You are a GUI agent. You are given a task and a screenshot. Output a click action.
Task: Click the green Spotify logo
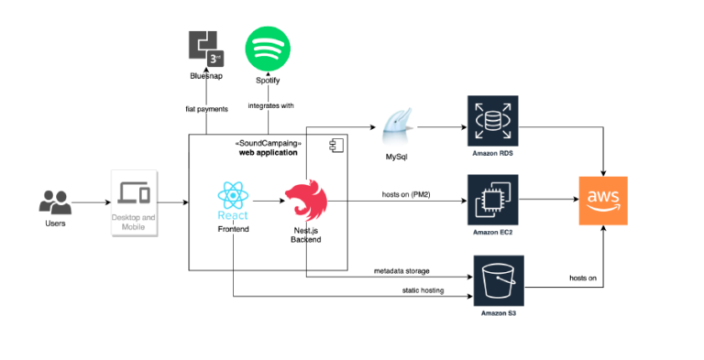267,47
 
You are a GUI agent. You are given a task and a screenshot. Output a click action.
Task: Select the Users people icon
55,202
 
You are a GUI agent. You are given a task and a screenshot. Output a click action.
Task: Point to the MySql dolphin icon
396,127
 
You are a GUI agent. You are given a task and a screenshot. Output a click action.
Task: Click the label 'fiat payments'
206,109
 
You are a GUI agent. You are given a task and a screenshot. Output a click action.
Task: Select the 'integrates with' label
270,106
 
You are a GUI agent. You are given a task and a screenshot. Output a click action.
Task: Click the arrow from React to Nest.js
267,202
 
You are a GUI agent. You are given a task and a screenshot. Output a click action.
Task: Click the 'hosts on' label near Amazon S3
583,278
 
